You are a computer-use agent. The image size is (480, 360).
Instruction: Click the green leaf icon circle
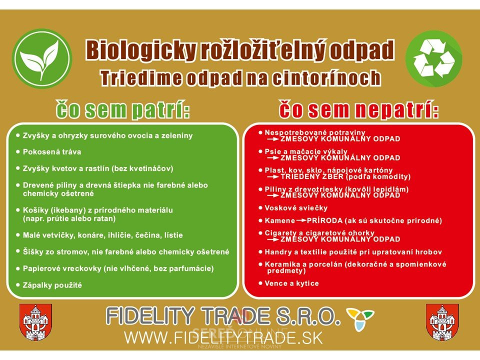click(42, 58)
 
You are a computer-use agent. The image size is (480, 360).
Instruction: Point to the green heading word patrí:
click(160, 110)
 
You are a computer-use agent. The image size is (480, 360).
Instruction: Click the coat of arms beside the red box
click(442, 322)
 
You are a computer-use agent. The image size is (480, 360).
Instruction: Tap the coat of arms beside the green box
click(36, 322)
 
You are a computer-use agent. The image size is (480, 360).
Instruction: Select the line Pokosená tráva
click(52, 152)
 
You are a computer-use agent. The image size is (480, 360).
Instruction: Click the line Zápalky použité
click(52, 285)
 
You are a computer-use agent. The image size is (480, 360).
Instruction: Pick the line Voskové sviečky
click(296, 208)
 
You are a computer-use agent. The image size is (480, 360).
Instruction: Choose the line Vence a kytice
click(291, 283)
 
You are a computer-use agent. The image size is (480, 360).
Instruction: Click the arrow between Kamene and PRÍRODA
click(301, 220)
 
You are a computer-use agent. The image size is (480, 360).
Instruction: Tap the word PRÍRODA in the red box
click(325, 220)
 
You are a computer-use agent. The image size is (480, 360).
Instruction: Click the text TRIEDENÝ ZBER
click(312, 177)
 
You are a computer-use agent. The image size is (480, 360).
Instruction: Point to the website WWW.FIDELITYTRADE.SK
click(223, 337)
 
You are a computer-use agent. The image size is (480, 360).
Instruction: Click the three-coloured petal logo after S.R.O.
click(360, 318)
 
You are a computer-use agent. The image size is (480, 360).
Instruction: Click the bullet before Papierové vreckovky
click(18, 268)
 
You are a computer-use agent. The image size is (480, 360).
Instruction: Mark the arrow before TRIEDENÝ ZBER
click(273, 177)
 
